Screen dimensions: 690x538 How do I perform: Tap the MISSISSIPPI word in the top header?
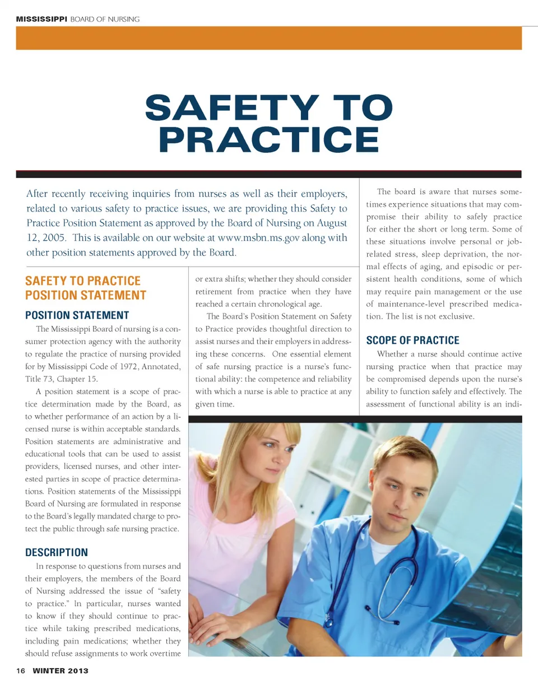click(x=41, y=20)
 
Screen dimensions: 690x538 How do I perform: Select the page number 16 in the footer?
click(x=21, y=671)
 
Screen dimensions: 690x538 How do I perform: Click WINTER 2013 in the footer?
click(x=60, y=671)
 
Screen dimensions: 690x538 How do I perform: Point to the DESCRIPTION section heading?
click(x=57, y=553)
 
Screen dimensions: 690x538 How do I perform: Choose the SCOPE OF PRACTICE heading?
click(x=412, y=341)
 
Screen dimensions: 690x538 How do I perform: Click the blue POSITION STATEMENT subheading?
click(x=77, y=315)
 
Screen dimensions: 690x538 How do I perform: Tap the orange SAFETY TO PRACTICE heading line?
click(x=83, y=281)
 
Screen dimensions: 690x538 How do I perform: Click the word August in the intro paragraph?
click(x=331, y=223)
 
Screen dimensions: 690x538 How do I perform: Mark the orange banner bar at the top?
click(x=269, y=38)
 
